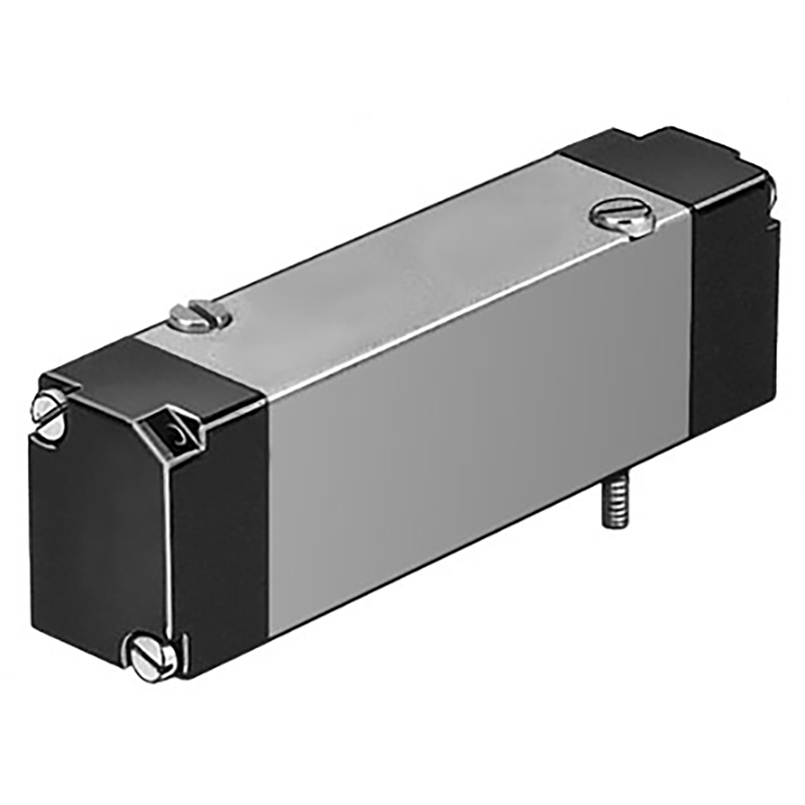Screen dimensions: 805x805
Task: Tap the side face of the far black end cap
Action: [x=729, y=294]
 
